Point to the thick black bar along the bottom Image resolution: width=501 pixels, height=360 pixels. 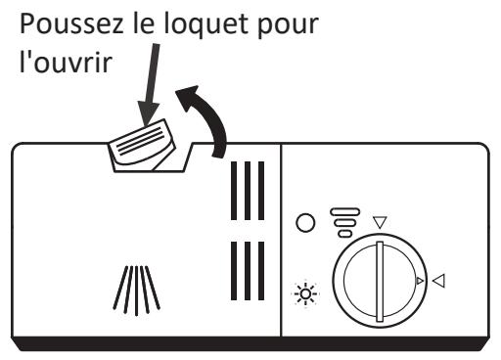click(x=250, y=343)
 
